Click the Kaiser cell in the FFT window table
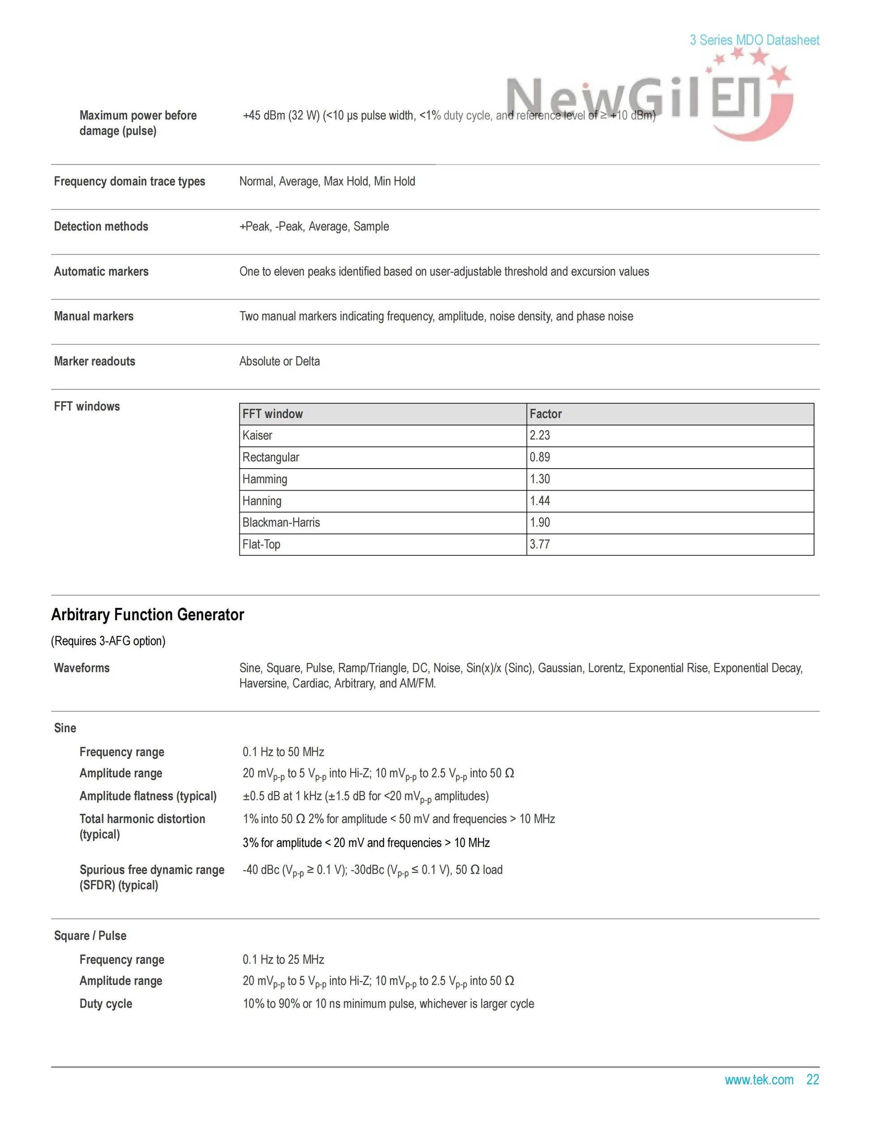coord(257,435)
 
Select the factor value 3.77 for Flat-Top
coord(540,544)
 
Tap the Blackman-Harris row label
coord(281,523)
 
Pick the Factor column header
coord(546,414)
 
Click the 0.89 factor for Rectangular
coord(540,457)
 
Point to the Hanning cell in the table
coord(262,501)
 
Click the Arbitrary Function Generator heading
coord(148,615)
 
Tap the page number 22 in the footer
coord(813,1080)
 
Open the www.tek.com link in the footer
coord(759,1080)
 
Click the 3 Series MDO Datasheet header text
coord(754,40)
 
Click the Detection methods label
coord(101,226)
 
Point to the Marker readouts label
coord(94,361)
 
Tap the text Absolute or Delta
coord(280,361)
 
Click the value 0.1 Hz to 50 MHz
coord(283,752)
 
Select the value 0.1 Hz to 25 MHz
coord(283,959)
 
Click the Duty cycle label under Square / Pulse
coord(106,1003)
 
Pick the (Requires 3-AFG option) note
coord(108,641)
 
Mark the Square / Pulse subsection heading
coord(90,935)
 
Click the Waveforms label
coord(82,668)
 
